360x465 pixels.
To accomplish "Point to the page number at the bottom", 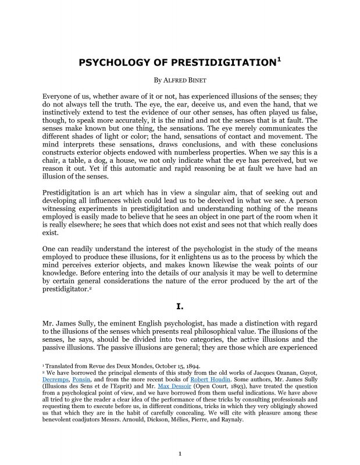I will click(x=180, y=453).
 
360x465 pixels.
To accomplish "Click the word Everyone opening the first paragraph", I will click(x=60, y=95).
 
